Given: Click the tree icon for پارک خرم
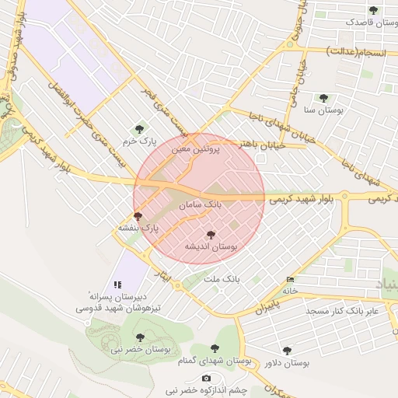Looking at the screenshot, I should pyautogui.click(x=140, y=129).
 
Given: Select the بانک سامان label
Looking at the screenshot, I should pyautogui.click(x=200, y=205).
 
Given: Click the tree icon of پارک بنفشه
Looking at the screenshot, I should pyautogui.click(x=138, y=216).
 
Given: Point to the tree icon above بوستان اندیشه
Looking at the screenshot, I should pyautogui.click(x=211, y=234).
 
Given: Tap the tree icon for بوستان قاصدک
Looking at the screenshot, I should pyautogui.click(x=373, y=11).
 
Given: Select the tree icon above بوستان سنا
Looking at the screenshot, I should pyautogui.click(x=323, y=99).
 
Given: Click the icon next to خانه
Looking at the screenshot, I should pyautogui.click(x=291, y=279).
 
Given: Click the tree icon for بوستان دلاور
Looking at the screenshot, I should pyautogui.click(x=288, y=351).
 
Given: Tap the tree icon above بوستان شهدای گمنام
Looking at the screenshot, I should pyautogui.click(x=215, y=349).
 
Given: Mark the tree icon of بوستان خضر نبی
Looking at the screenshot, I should pyautogui.click(x=140, y=337).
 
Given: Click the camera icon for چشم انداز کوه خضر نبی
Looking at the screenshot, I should pyautogui.click(x=206, y=378).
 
